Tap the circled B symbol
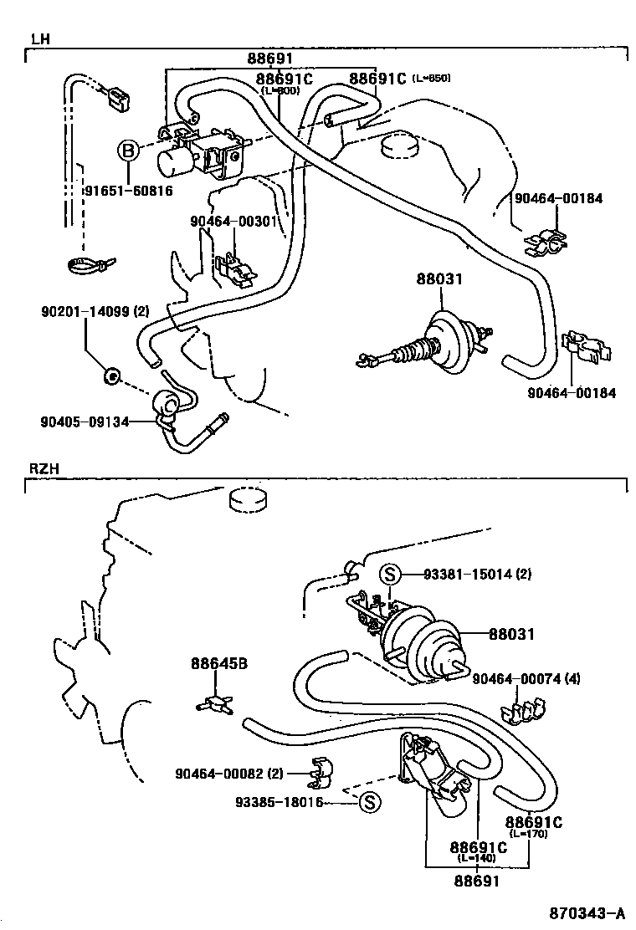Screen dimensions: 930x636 click(x=127, y=151)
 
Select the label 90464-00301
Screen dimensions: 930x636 click(x=233, y=221)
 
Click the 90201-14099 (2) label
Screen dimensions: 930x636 click(x=95, y=312)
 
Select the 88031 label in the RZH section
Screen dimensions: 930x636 click(x=511, y=635)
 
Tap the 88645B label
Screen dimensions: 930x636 click(x=219, y=664)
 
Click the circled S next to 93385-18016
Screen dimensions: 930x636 click(x=370, y=803)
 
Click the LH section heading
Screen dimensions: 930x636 click(x=40, y=39)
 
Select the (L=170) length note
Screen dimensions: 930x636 click(x=528, y=834)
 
